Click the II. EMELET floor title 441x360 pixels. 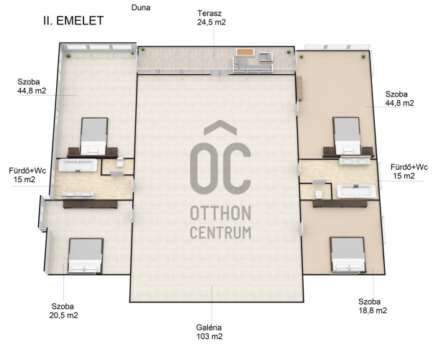pyautogui.click(x=73, y=21)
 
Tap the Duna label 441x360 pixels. pyautogui.click(x=140, y=8)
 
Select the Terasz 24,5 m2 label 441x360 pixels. pyautogui.click(x=212, y=18)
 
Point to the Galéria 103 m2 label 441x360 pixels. pyautogui.click(x=209, y=332)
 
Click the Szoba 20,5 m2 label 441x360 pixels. pyautogui.click(x=63, y=311)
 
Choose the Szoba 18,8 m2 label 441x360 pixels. pyautogui.click(x=373, y=306)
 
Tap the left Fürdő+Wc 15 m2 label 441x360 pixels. pyautogui.click(x=27, y=175)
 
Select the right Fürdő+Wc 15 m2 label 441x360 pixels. pyautogui.click(x=409, y=171)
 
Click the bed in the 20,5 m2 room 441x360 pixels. pyautogui.click(x=86, y=256)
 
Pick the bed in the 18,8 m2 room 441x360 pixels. pyautogui.click(x=348, y=255)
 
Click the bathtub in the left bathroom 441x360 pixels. pyautogui.click(x=78, y=165)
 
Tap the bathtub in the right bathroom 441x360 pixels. pyautogui.click(x=356, y=192)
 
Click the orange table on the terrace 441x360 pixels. pyautogui.click(x=245, y=53)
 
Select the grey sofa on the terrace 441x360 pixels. pyautogui.click(x=253, y=66)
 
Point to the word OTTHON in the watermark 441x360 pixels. pyautogui.click(x=220, y=213)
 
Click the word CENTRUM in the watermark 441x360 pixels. pyautogui.click(x=220, y=233)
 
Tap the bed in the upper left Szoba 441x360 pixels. pyautogui.click(x=94, y=136)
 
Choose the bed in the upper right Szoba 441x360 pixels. pyautogui.click(x=347, y=135)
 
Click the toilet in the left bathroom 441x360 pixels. pyautogui.click(x=120, y=163)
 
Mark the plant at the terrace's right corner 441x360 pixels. pyautogui.click(x=288, y=52)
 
